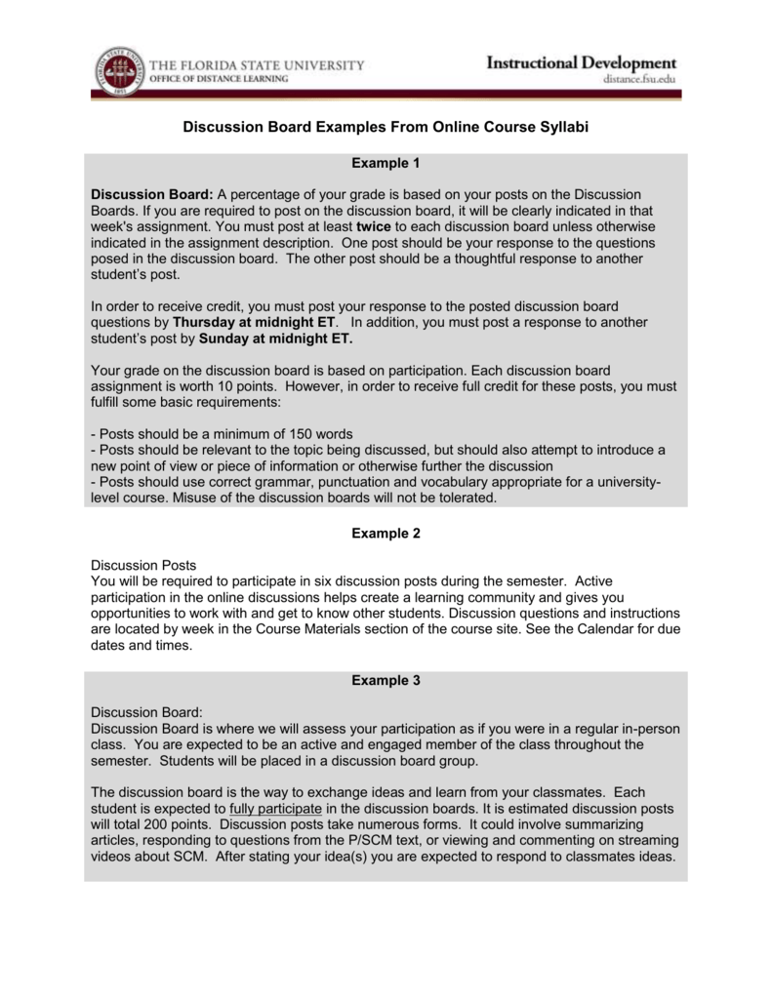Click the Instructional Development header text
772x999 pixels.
tap(581, 63)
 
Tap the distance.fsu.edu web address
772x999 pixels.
tap(635, 82)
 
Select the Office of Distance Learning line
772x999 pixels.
tap(212, 80)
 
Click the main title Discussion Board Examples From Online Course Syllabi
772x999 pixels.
tap(386, 128)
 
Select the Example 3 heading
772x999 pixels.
tap(386, 681)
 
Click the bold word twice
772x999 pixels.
tap(375, 226)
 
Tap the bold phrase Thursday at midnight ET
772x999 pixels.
tap(255, 322)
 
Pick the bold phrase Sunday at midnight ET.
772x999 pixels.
tap(276, 339)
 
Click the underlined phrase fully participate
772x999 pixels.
tap(275, 810)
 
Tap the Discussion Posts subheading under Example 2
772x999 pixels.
tap(143, 566)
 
